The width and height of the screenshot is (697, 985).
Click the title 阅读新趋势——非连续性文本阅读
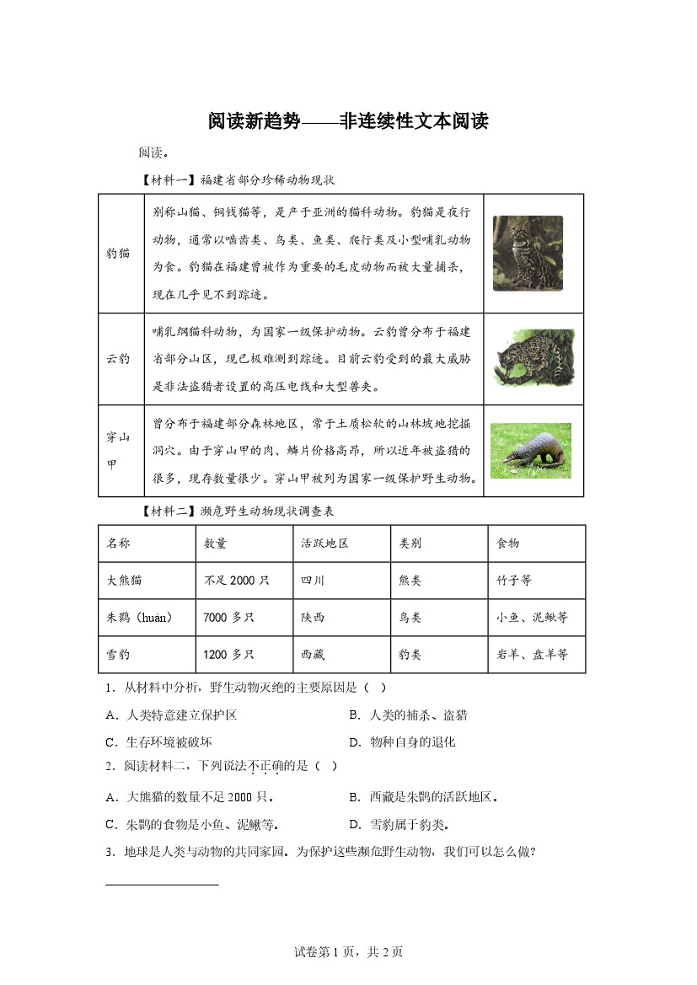[348, 121]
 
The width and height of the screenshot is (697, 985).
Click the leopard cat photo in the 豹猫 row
[528, 254]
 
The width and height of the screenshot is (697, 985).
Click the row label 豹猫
[119, 253]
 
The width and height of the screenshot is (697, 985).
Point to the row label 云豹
[119, 358]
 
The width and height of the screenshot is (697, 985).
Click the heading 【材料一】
[169, 179]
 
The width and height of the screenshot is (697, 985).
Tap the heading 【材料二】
[169, 511]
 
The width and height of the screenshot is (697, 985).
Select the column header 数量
[216, 543]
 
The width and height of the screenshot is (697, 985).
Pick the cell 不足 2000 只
[236, 581]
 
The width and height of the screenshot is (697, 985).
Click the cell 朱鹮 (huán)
[140, 618]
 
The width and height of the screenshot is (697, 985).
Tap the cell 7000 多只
[228, 618]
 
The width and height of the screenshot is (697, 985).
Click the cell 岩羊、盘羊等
[532, 655]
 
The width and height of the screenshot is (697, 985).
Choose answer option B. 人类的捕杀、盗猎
[408, 715]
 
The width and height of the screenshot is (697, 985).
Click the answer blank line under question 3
[163, 885]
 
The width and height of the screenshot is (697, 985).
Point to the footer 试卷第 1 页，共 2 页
[348, 952]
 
